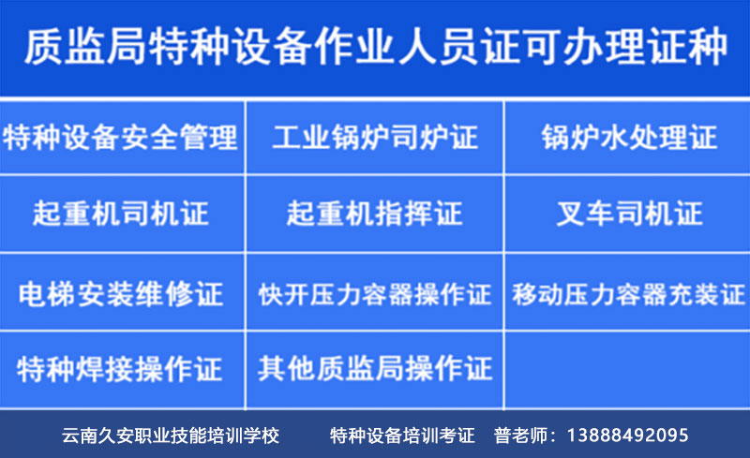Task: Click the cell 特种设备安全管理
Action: point(121,139)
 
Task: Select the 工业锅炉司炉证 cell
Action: point(375,139)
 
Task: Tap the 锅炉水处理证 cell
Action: point(628,139)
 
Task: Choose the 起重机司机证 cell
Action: point(121,214)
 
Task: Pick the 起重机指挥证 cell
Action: point(375,214)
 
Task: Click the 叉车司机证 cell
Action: point(628,214)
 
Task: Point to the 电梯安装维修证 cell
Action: point(121,294)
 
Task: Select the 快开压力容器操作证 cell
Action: point(375,294)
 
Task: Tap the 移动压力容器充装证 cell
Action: point(628,294)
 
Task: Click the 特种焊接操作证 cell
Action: point(121,369)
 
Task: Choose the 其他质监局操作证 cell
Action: point(375,369)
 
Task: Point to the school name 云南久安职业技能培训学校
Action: point(171,436)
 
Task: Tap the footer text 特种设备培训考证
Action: point(403,436)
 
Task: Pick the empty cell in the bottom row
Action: point(628,369)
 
